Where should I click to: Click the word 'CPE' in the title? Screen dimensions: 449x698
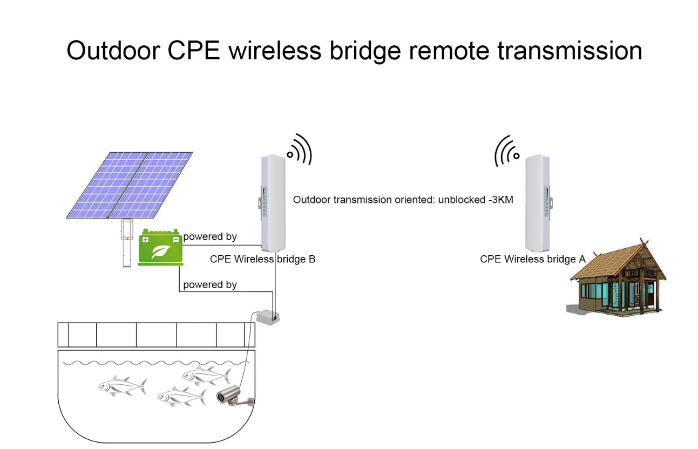coord(194,51)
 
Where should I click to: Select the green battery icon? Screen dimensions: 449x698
coord(160,248)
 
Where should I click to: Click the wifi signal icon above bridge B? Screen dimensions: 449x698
coord(300,150)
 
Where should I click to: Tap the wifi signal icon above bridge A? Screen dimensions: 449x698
coord(507,151)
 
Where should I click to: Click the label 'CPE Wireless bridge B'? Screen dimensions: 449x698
coord(262,259)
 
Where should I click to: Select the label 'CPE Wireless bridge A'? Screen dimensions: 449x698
coord(532,259)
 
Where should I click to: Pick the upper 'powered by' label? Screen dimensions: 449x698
coord(210,236)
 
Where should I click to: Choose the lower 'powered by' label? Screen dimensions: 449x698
coord(210,284)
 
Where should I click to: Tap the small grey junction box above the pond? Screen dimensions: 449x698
coord(267,317)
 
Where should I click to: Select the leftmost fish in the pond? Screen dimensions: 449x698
coord(122,386)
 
